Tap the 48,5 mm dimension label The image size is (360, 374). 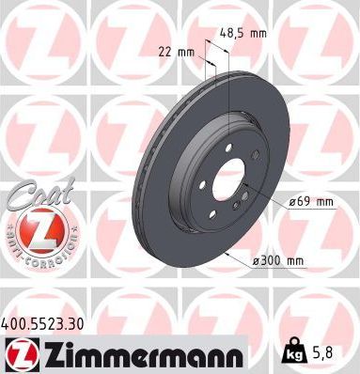point(244,33)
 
